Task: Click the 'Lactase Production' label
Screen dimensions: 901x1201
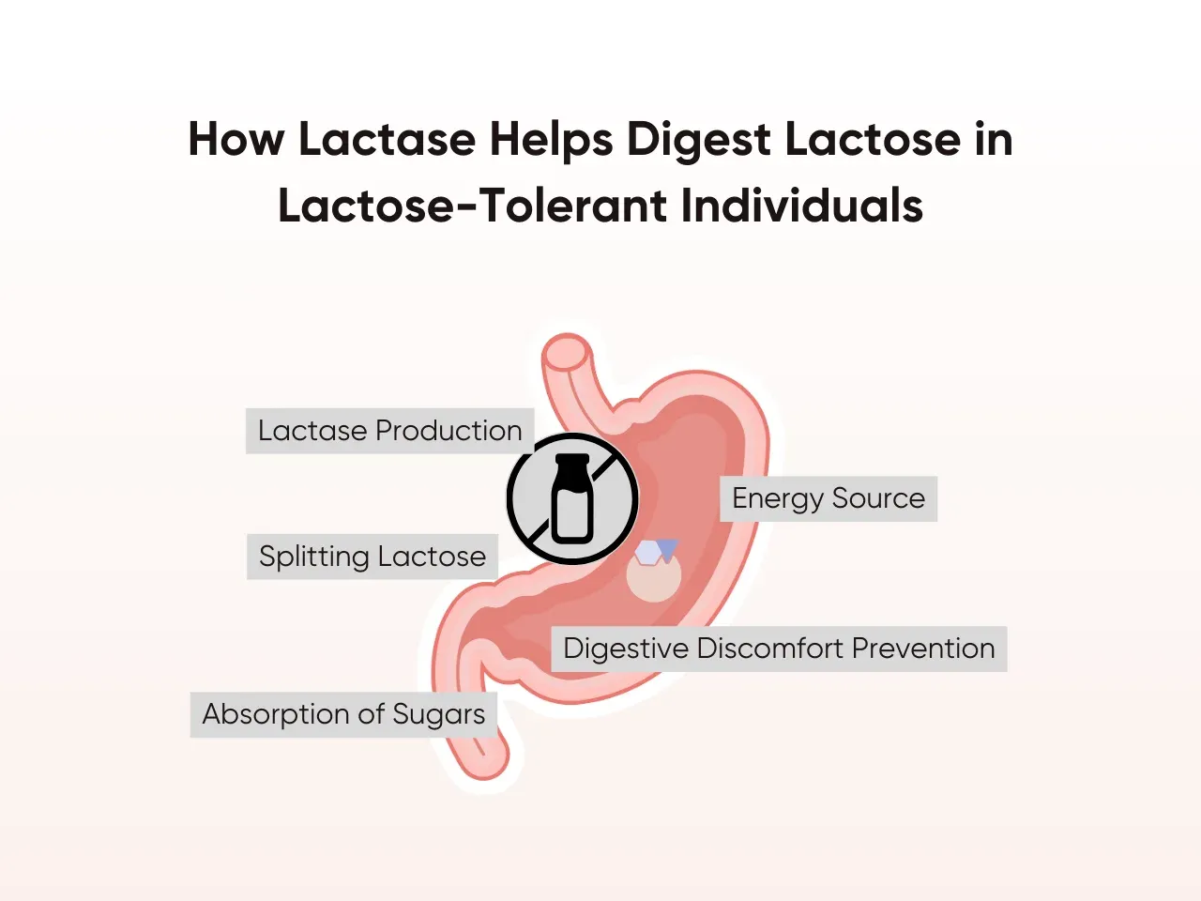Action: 389,431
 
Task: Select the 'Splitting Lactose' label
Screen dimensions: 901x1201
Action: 372,557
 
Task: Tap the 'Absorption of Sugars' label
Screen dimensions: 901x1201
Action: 343,714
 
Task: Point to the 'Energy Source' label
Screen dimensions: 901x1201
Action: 829,498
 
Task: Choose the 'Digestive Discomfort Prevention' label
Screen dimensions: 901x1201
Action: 779,649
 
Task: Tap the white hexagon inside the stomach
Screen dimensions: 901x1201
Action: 647,553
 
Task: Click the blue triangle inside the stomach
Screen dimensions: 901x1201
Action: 667,549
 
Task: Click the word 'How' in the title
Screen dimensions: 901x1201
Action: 236,139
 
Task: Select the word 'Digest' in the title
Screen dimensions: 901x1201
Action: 700,139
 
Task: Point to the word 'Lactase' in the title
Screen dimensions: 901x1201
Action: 387,139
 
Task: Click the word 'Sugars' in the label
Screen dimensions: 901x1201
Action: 438,714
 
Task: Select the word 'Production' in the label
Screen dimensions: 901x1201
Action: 448,431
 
